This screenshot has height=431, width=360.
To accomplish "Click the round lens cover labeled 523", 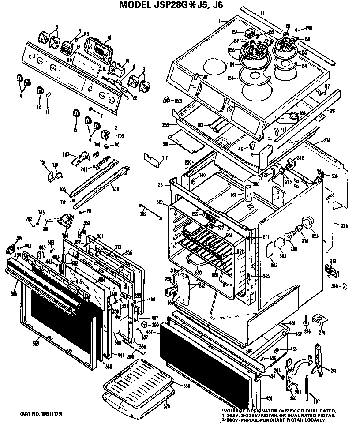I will pyautogui.click(x=307, y=222).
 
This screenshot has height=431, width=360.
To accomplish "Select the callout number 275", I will pyautogui.click(x=345, y=225).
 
